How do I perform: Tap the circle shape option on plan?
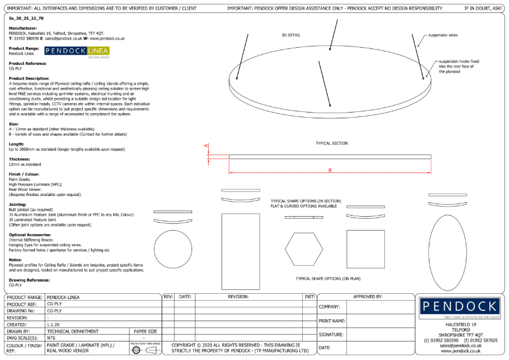173,249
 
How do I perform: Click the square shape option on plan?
365,249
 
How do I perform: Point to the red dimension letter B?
330,170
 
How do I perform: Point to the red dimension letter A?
206,146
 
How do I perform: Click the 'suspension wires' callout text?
443,36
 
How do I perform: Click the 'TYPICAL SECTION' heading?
331,143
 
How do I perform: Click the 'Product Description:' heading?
29,78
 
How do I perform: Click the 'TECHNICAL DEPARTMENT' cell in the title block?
72,331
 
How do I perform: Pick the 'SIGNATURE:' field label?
331,334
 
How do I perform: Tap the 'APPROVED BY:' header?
368,296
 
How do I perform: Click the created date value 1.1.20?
53,324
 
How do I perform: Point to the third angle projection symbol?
144,350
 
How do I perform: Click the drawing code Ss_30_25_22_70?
27,20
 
